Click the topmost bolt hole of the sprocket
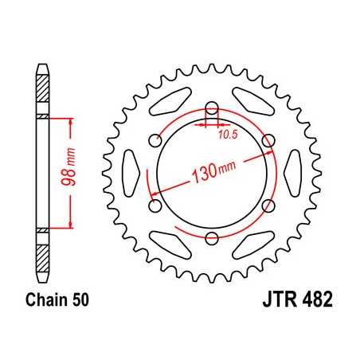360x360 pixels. pos(212,109)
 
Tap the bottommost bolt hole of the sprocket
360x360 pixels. pos(212,238)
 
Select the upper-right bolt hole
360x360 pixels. pos(268,141)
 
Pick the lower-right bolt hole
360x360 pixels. pos(268,206)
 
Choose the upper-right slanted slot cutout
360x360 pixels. pos(252,104)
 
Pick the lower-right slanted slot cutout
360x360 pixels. pos(252,244)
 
